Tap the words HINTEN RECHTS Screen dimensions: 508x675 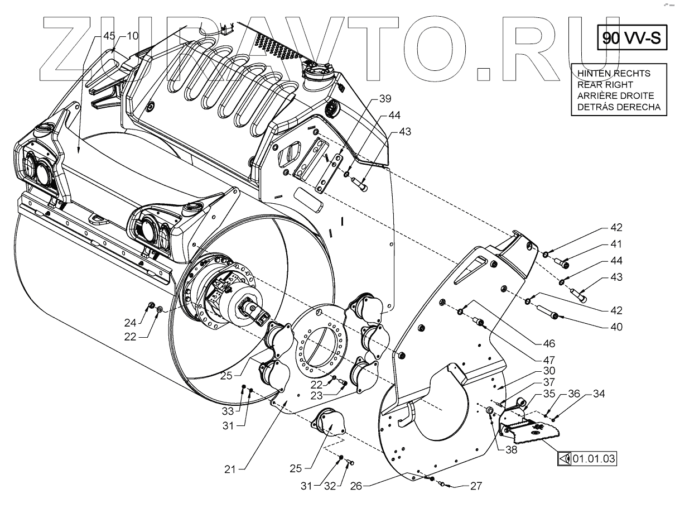pyautogui.click(x=614, y=74)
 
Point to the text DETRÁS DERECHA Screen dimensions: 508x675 pyautogui.click(x=619, y=107)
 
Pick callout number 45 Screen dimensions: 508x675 pyautogui.click(x=110, y=36)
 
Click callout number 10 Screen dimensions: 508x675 pyautogui.click(x=132, y=36)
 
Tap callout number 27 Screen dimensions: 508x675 pyautogui.click(x=475, y=486)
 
